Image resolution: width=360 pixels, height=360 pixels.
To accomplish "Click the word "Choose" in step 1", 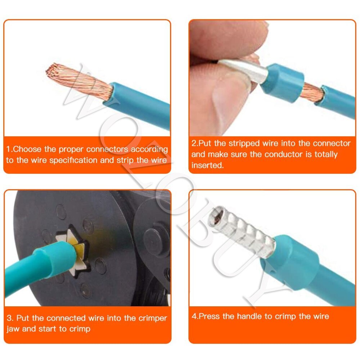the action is pos(27,149).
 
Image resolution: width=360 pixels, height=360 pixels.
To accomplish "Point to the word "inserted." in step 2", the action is pos(207,165).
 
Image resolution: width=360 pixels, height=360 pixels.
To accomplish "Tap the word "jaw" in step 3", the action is pos(13,329).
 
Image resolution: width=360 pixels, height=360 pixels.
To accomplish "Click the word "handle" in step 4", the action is pos(249,316).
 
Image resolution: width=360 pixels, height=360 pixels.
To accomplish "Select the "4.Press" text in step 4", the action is pos(206,316).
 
